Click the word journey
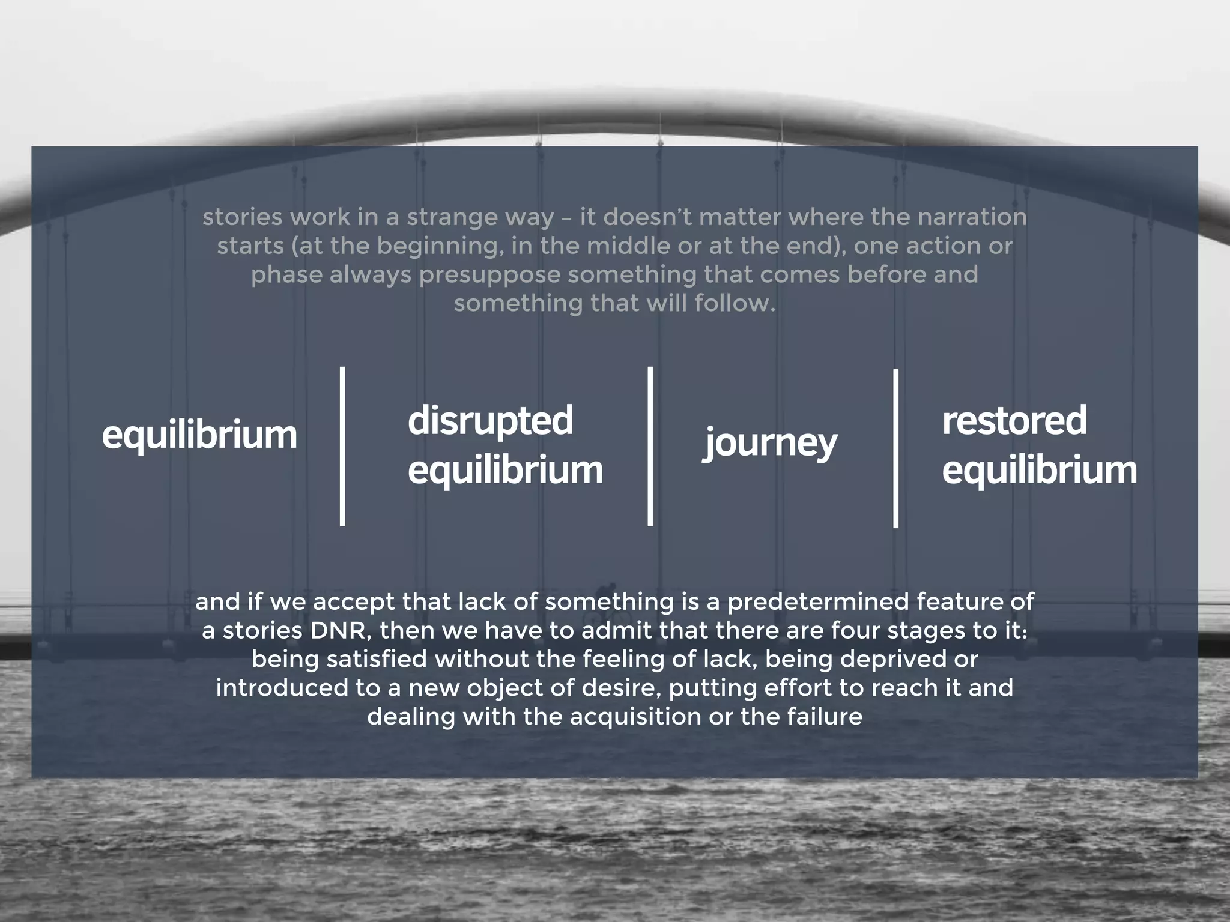[x=770, y=443]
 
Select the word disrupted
[x=490, y=420]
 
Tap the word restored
[x=1014, y=420]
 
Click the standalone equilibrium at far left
[x=199, y=435]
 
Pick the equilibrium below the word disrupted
[x=505, y=469]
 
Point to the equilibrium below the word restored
[x=1039, y=469]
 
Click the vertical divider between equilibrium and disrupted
[x=342, y=447]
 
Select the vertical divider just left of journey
[x=650, y=447]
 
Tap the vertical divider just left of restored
[x=896, y=448]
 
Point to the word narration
[x=971, y=217]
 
